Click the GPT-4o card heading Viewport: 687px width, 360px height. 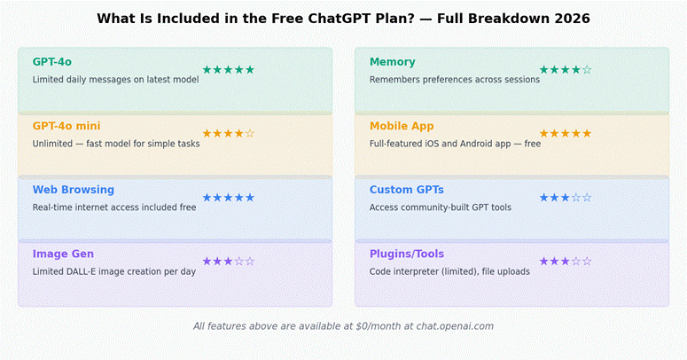click(x=52, y=62)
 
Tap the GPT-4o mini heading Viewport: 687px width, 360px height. click(x=66, y=126)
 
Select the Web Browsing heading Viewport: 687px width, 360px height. click(x=74, y=190)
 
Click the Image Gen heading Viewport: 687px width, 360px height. click(x=63, y=254)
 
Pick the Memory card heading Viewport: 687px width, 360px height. click(x=392, y=62)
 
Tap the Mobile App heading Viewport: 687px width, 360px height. click(x=402, y=126)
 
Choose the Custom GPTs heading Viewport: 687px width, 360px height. click(x=407, y=190)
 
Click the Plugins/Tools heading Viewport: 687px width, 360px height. click(x=409, y=254)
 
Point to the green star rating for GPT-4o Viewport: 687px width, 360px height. click(x=228, y=70)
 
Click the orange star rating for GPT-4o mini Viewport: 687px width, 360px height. click(x=228, y=134)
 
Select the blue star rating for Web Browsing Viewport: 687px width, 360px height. click(x=228, y=198)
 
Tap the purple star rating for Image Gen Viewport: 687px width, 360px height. click(x=228, y=262)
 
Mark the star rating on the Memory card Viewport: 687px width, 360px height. click(x=565, y=70)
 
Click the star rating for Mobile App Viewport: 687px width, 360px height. click(x=565, y=134)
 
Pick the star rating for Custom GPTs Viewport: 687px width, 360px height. click(x=565, y=198)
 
